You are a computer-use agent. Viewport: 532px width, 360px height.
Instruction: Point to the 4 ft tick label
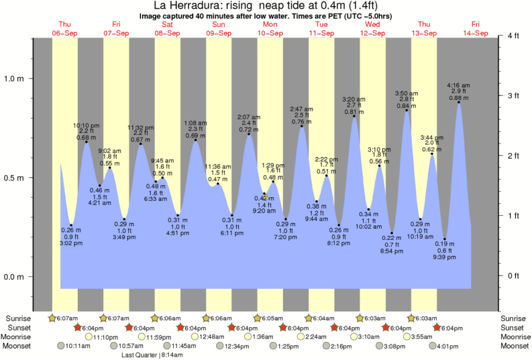(x=514, y=36)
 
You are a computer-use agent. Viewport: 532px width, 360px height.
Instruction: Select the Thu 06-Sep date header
(x=65, y=28)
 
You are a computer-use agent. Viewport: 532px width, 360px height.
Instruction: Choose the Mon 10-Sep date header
(x=270, y=28)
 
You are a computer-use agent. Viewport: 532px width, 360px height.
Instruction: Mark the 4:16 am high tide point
(x=459, y=102)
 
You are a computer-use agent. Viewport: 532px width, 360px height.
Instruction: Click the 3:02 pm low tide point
(x=71, y=225)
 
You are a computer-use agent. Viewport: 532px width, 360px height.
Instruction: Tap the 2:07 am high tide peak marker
(x=249, y=134)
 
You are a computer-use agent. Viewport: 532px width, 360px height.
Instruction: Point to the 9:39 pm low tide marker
(x=445, y=239)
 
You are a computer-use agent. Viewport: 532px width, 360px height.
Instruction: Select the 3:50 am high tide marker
(x=407, y=110)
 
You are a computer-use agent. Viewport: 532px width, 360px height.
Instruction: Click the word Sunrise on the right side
(x=514, y=318)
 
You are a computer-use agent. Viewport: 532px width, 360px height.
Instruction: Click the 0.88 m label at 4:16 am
(x=459, y=97)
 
